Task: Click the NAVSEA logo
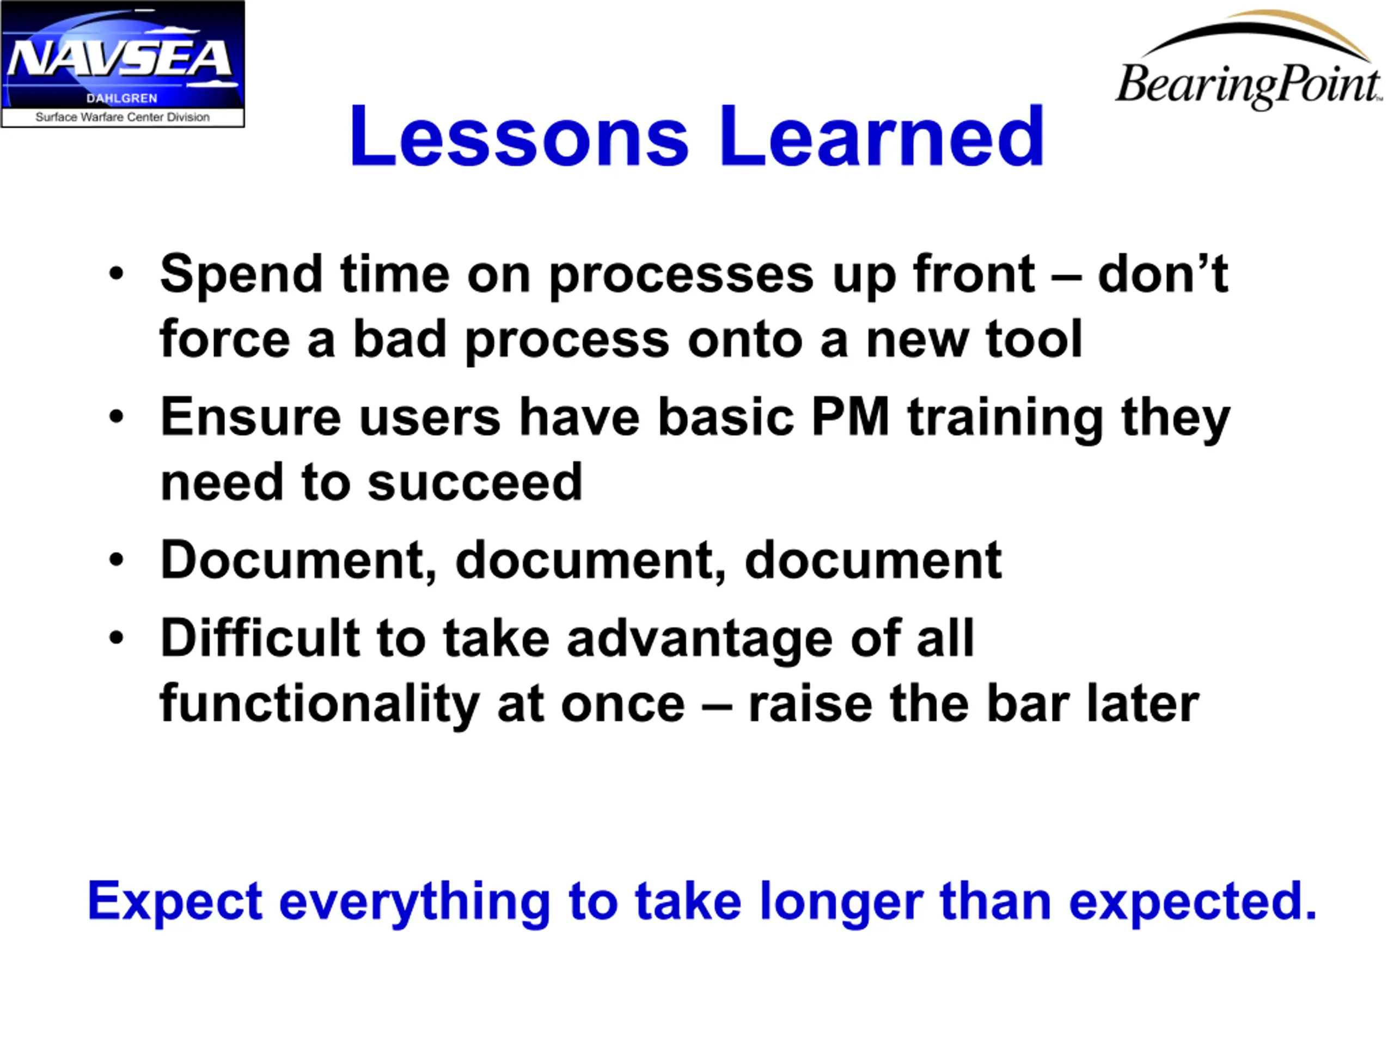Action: coord(123,64)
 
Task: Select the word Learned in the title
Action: coord(882,137)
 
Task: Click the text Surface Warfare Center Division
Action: coord(123,117)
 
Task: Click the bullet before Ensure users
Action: coord(117,416)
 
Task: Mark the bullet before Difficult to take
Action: coord(117,637)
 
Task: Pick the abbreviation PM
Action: coord(850,417)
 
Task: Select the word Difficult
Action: coord(260,638)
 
